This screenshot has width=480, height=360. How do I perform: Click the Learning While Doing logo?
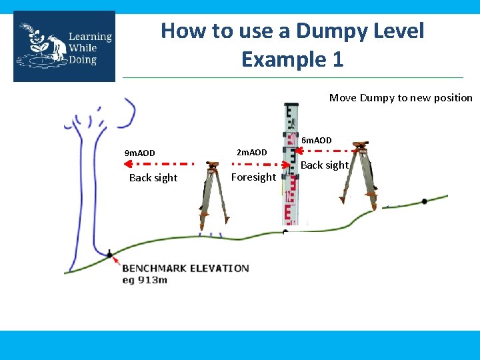point(64,46)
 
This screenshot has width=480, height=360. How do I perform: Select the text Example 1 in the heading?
point(292,59)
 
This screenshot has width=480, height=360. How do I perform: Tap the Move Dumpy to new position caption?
point(401,98)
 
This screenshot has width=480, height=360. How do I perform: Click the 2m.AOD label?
point(252,153)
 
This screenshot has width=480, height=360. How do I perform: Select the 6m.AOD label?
point(317,140)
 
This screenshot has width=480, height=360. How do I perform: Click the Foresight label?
point(253,177)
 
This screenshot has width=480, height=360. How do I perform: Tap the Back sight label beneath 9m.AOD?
point(153,177)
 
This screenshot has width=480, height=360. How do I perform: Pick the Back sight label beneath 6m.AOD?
point(325,165)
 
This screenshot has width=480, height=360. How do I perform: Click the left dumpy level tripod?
point(212,195)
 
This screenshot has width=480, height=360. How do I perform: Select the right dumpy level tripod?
point(361,175)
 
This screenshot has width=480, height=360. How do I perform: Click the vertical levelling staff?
point(289,167)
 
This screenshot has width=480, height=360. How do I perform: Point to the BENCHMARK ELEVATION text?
point(185,268)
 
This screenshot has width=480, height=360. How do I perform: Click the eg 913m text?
point(144,280)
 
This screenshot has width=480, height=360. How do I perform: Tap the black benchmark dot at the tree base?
point(109,253)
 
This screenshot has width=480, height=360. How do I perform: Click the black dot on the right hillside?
point(425,201)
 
